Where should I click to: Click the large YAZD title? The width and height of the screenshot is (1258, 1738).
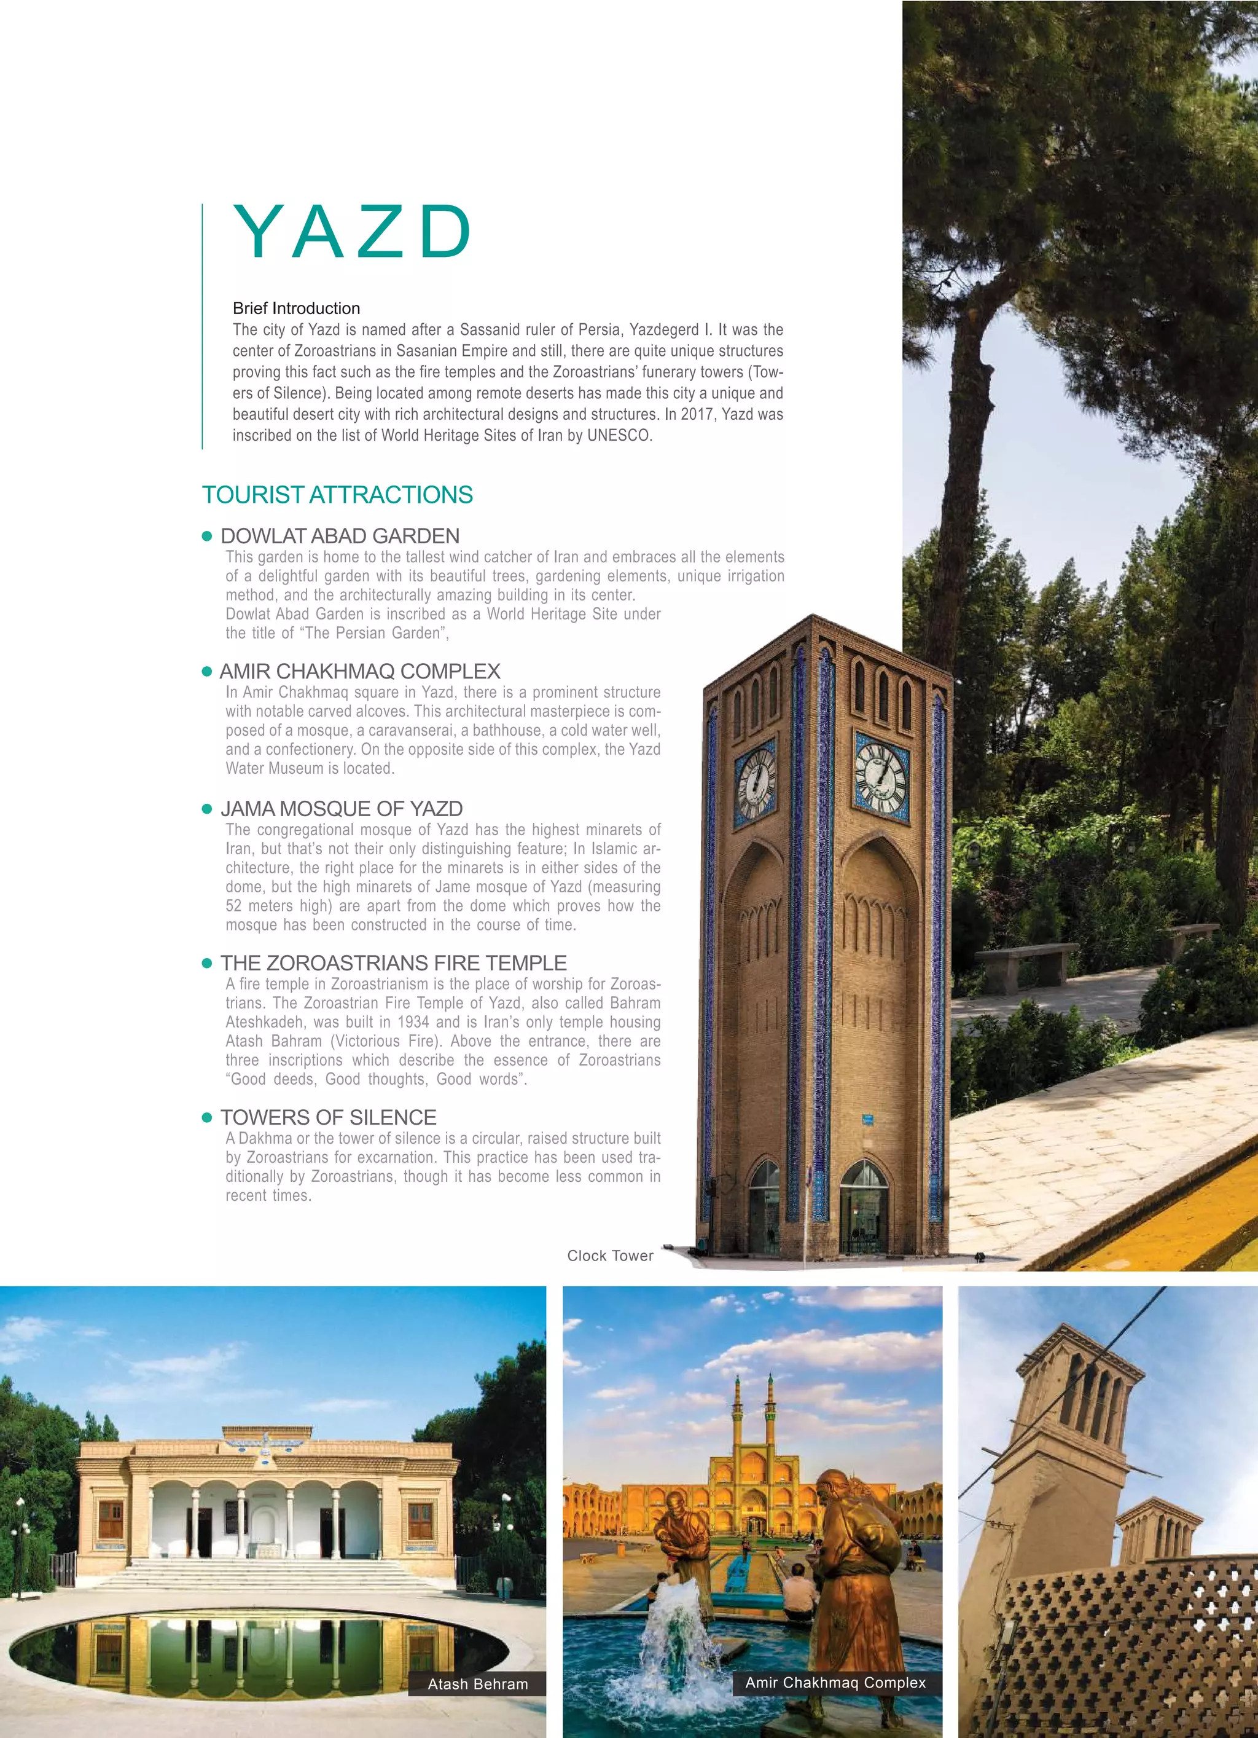click(x=353, y=232)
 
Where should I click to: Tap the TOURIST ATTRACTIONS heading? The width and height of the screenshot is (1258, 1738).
click(x=337, y=495)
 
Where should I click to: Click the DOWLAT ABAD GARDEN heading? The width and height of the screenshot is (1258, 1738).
click(x=340, y=537)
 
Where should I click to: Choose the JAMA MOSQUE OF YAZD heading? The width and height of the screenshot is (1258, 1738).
click(x=342, y=809)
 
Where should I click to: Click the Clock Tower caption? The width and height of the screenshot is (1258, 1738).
click(x=610, y=1256)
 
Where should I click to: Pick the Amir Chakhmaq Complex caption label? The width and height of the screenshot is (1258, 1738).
click(x=835, y=1683)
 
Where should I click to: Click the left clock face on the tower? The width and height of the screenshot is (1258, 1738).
click(x=756, y=783)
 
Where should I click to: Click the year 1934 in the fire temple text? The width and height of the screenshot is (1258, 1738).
click(x=413, y=1022)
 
